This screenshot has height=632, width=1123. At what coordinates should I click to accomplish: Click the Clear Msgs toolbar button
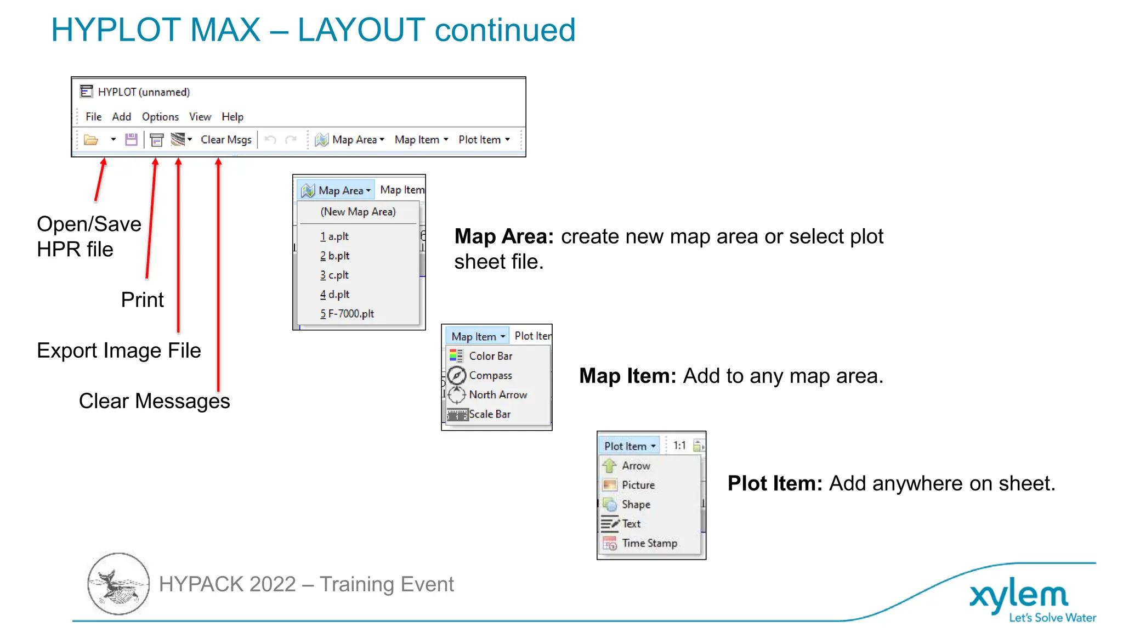[x=226, y=140]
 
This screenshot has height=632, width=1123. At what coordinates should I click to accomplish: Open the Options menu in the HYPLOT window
[x=160, y=117]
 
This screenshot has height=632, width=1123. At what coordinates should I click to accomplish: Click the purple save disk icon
[x=131, y=140]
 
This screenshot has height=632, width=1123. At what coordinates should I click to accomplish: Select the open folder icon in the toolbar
[x=91, y=140]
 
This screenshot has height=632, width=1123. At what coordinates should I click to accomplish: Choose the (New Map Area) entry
[x=358, y=212]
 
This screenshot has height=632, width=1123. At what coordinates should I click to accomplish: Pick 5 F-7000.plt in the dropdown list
[x=347, y=314]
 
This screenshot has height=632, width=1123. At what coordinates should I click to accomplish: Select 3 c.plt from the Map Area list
[x=334, y=275]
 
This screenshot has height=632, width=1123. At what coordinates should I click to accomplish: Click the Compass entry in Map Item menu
[x=490, y=376]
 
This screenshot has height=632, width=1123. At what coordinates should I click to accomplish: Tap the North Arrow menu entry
[x=497, y=395]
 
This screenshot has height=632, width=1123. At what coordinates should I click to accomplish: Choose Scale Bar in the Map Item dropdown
[x=489, y=414]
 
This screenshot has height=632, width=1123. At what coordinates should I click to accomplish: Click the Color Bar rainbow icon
[x=456, y=356]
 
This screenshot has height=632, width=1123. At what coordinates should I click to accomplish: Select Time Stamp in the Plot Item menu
[x=649, y=543]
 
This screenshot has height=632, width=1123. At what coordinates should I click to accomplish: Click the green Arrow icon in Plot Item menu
[x=610, y=466]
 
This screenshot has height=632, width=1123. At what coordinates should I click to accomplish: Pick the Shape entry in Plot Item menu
[x=636, y=504]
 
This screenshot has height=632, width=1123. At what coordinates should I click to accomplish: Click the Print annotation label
[x=142, y=300]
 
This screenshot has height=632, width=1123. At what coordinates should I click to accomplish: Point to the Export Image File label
[x=118, y=351]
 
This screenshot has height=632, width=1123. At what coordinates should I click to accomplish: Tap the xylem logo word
[x=1018, y=595]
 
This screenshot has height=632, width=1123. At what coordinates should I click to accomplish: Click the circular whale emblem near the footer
[x=118, y=584]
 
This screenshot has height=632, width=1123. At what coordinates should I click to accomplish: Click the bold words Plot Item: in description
[x=775, y=484]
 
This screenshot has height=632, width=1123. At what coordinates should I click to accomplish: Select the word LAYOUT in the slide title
[x=361, y=30]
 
